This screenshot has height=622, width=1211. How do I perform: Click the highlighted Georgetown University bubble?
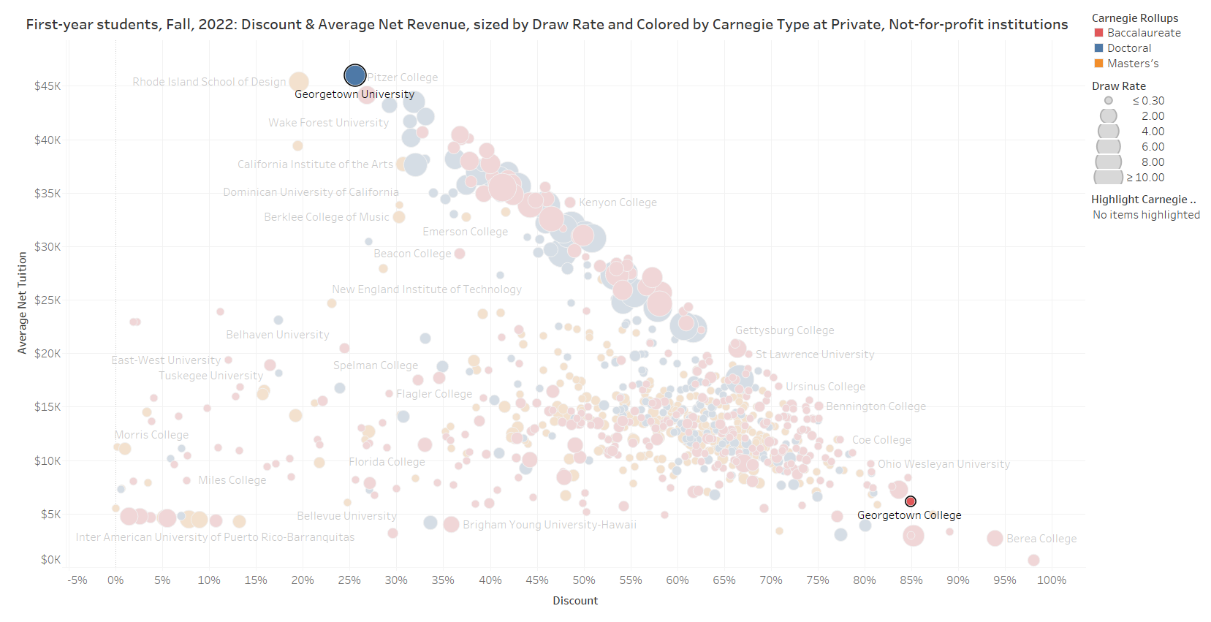[x=354, y=75]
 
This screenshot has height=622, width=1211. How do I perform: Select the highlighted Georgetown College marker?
[x=911, y=501]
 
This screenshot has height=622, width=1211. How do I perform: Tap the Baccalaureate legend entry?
[x=1143, y=33]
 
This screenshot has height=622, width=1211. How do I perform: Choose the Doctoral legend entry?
[x=1128, y=48]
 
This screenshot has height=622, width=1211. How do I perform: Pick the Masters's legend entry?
[x=1132, y=64]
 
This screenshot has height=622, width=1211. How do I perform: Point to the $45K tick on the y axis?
[x=48, y=86]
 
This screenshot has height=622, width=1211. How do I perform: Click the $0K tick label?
[x=50, y=560]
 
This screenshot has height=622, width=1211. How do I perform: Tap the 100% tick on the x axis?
[x=1051, y=580]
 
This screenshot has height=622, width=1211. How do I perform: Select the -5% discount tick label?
[x=77, y=580]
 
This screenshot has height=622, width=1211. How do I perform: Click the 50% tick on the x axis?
[x=583, y=580]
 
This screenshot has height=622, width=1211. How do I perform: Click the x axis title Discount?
[x=575, y=601]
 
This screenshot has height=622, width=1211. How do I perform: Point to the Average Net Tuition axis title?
[x=22, y=303]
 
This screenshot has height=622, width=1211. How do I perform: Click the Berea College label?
[x=1041, y=539]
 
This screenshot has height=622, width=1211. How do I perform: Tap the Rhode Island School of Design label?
[x=209, y=82]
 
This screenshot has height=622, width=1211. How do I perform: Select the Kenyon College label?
[x=618, y=202]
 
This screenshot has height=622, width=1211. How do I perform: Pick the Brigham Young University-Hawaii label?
[x=549, y=525]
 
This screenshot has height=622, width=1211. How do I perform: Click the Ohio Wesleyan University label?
[x=944, y=464]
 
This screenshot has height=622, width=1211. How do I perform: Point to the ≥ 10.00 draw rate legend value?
[x=1145, y=178]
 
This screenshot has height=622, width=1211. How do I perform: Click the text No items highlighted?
[x=1146, y=215]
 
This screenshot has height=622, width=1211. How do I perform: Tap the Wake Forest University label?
[x=328, y=123]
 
